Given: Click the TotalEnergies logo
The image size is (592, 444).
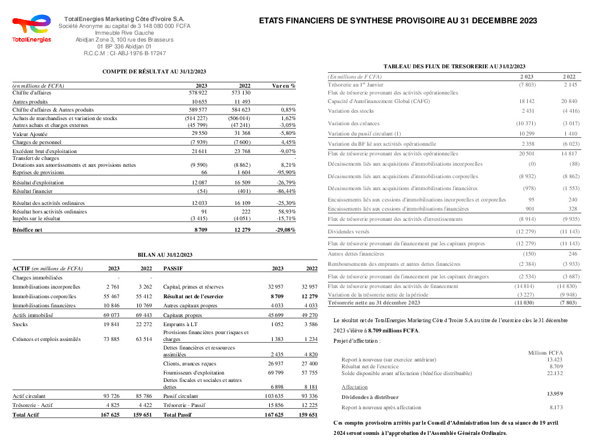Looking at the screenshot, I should (31, 29).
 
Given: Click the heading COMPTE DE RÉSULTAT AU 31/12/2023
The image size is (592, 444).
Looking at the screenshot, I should (154, 71).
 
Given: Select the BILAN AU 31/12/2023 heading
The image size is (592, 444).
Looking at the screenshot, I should (165, 254).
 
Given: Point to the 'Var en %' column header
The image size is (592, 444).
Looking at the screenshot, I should (283, 86).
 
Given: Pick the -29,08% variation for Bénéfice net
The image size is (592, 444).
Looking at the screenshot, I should (285, 230).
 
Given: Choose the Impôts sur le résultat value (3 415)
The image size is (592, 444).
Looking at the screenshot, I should (196, 218).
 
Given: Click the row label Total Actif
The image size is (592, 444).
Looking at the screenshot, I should (26, 415).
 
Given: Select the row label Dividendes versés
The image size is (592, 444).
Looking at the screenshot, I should (348, 232).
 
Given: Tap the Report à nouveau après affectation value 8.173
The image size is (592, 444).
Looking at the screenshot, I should (556, 408).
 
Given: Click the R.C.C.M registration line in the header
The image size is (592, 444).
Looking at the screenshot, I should (125, 53).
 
